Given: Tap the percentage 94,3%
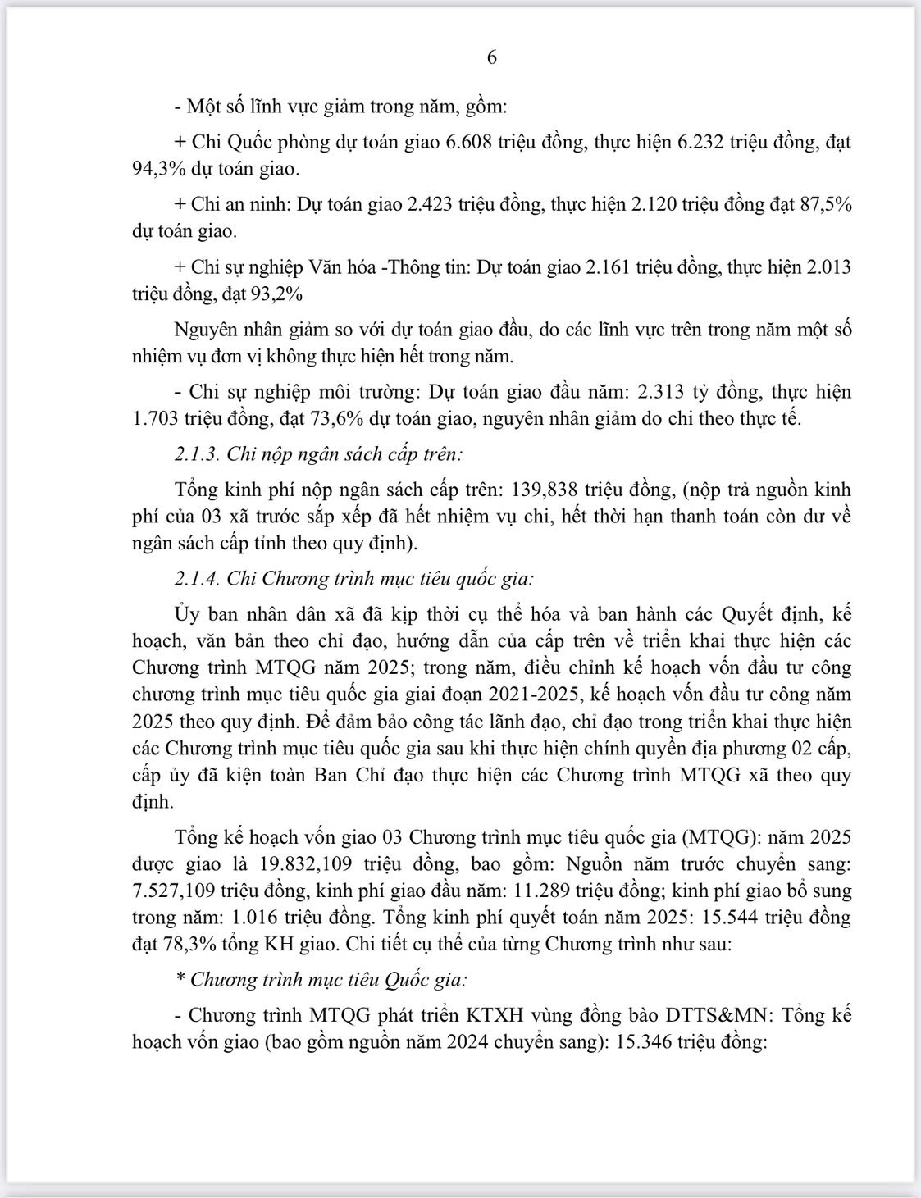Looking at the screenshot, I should (x=158, y=169).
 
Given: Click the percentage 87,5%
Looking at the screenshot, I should (x=824, y=204).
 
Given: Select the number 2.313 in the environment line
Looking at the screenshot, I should (x=661, y=392).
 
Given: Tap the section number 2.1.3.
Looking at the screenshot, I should (x=196, y=453).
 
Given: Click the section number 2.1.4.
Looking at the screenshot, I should (x=196, y=579).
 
